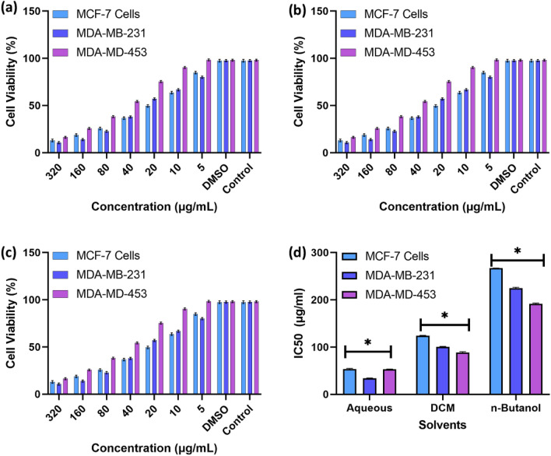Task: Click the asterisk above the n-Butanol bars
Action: [x=517, y=252]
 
